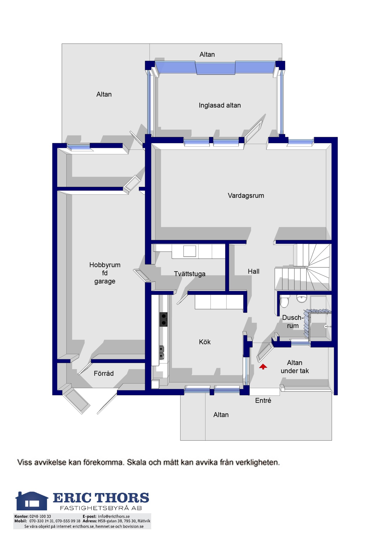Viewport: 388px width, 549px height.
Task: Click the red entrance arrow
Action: pyautogui.click(x=263, y=367)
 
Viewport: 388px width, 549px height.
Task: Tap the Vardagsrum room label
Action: pyautogui.click(x=246, y=195)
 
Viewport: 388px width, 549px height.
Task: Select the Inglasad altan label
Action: pyautogui.click(x=220, y=105)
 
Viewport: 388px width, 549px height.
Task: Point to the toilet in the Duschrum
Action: pyautogui.click(x=284, y=301)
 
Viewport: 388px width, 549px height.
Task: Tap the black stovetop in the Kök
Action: pyautogui.click(x=163, y=319)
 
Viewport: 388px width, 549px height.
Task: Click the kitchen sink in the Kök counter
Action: pyautogui.click(x=161, y=353)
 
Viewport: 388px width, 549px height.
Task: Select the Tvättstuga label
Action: pyautogui.click(x=189, y=274)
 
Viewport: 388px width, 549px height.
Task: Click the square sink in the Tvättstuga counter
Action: pyautogui.click(x=189, y=251)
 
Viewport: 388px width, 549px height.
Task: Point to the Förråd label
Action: pyautogui.click(x=103, y=373)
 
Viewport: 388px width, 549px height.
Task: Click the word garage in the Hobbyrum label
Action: pyautogui.click(x=105, y=281)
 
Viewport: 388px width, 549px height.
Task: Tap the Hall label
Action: pyautogui.click(x=253, y=271)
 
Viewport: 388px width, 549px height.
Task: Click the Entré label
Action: pyautogui.click(x=263, y=401)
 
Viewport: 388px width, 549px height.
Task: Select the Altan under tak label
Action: pyautogui.click(x=295, y=367)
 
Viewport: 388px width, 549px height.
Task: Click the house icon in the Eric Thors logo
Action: pyautogui.click(x=32, y=501)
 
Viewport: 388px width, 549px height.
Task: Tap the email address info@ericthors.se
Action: pyautogui.click(x=114, y=516)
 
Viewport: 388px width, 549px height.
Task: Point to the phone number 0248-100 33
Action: pyautogui.click(x=40, y=516)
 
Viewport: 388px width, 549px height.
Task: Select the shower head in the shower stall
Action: pyautogui.click(x=326, y=327)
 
